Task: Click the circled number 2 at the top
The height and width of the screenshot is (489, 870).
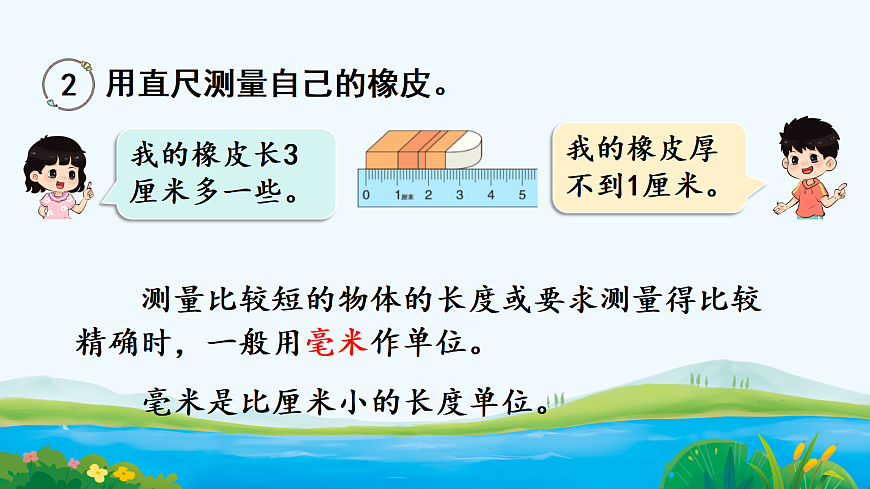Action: coord(68,85)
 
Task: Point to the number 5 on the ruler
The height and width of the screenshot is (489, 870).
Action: coord(522,195)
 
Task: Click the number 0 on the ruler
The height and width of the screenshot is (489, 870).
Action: coord(367,195)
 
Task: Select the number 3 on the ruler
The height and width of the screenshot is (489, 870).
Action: coord(460,195)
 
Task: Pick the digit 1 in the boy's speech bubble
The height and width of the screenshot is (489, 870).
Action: coord(641,186)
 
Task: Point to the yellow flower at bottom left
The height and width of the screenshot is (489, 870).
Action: coord(96,470)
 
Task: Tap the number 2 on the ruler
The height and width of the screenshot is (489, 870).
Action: coord(428,195)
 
